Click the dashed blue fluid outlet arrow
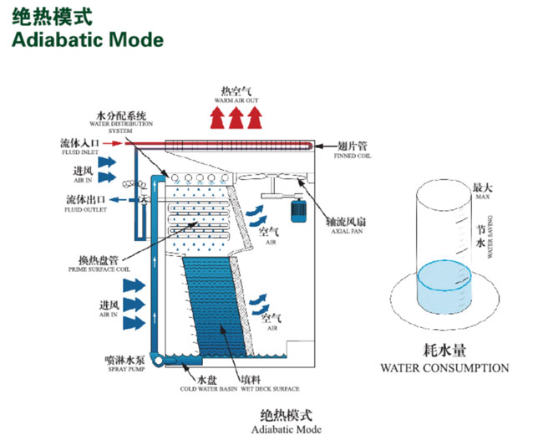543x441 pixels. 123,200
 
